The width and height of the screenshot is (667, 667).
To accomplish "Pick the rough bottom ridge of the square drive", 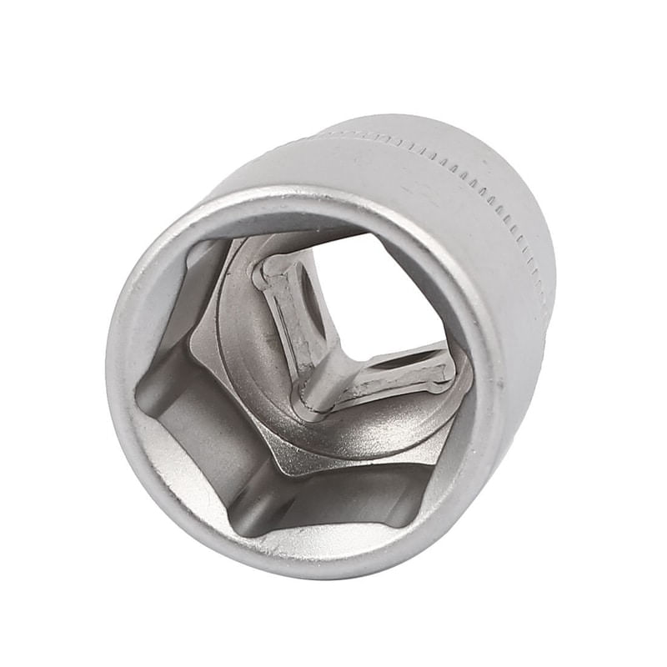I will point(384,379).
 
